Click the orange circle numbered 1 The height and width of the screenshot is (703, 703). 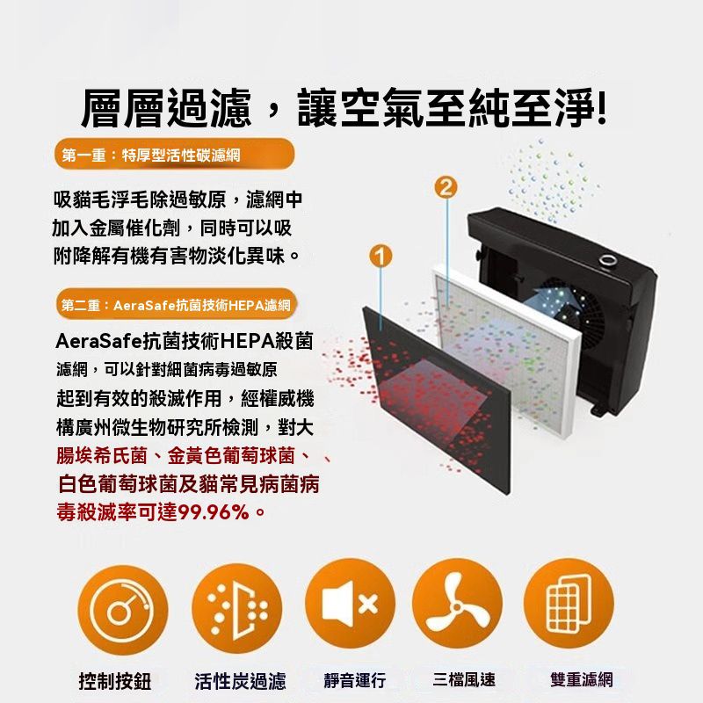pos(380,256)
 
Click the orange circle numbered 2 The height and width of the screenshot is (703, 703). pos(446,187)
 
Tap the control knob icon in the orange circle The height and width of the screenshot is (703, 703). pos(122,609)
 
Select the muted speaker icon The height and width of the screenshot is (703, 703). pos(350,603)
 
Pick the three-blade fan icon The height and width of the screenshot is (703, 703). pos(457,603)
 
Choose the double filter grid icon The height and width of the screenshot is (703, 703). pos(569,603)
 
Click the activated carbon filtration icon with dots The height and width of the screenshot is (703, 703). pos(236,609)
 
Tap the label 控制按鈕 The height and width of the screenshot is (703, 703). pos(115,681)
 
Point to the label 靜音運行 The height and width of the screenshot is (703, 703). pos(355,679)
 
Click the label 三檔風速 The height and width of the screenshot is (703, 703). pos(464,679)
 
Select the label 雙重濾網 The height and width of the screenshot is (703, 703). pos(582,679)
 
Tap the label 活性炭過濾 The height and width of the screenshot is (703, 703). pos(240,681)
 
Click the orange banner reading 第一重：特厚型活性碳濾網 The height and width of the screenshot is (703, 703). pos(174,155)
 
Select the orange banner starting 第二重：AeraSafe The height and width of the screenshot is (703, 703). pos(177,305)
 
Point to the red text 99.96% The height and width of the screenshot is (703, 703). pos(214,512)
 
